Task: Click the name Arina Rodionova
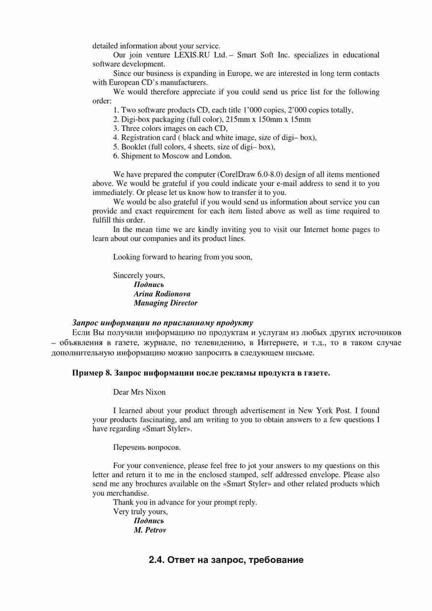162,294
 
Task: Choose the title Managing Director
166,303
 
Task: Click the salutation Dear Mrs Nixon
139,392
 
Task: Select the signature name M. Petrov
150,530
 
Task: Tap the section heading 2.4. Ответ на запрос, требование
226,560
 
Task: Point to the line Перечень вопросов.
147,447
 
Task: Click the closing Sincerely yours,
139,276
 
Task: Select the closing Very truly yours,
141,512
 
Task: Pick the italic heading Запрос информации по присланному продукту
162,323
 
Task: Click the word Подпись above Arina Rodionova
149,285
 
